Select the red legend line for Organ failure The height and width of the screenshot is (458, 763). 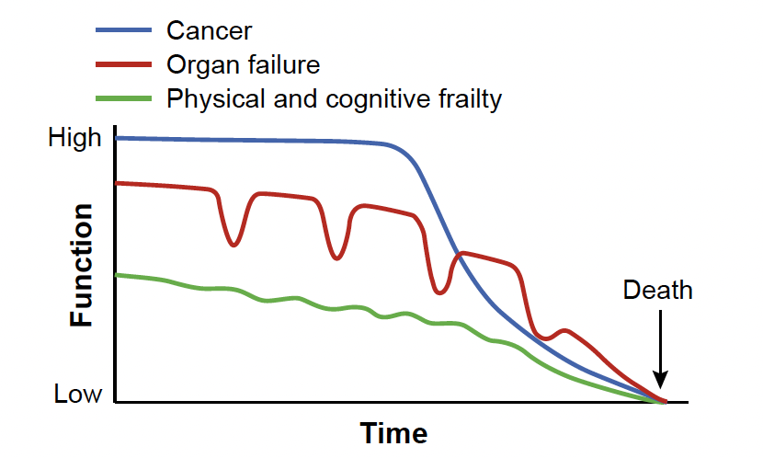pyautogui.click(x=123, y=64)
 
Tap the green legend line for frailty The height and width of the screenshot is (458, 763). pyautogui.click(x=123, y=98)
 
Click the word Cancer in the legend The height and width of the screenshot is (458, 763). pyautogui.click(x=209, y=30)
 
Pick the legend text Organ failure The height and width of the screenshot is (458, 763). pyautogui.click(x=243, y=64)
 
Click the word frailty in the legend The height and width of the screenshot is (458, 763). pyautogui.click(x=469, y=98)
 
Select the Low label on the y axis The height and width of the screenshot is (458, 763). pyautogui.click(x=78, y=395)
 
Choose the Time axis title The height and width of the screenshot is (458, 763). pyautogui.click(x=393, y=433)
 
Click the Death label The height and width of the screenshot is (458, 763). pyautogui.click(x=658, y=291)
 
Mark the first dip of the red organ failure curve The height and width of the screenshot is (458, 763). pyautogui.click(x=233, y=245)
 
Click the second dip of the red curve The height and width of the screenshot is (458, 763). pyautogui.click(x=336, y=258)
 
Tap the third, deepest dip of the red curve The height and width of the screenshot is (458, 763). pyautogui.click(x=440, y=292)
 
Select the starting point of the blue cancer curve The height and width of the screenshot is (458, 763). pyautogui.click(x=118, y=138)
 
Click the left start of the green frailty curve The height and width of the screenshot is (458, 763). pyautogui.click(x=118, y=275)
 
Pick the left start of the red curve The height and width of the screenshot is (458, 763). pyautogui.click(x=118, y=183)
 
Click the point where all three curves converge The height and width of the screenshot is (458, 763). pyautogui.click(x=663, y=402)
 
